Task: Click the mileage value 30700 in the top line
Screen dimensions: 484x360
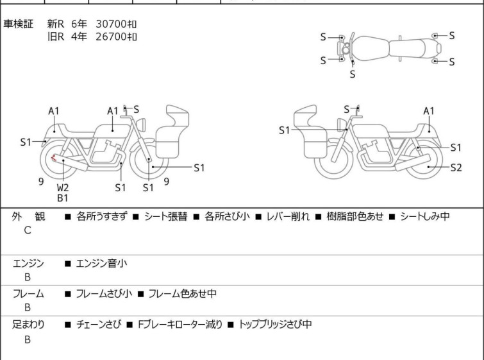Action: point(111,24)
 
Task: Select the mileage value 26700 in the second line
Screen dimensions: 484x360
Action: point(111,37)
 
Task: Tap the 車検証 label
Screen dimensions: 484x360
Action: point(18,24)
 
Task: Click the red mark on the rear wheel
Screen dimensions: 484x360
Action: point(54,158)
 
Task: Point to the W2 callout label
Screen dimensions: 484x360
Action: point(63,187)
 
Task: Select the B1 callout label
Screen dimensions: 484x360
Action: point(63,198)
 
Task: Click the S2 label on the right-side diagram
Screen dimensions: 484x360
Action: point(456,167)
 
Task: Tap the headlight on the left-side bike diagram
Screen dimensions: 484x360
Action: point(141,124)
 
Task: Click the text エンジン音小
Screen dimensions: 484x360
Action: point(101,264)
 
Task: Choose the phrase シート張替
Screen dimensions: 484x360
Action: point(166,216)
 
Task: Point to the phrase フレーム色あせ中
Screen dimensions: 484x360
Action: point(183,293)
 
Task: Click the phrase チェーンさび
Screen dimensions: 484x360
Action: point(99,325)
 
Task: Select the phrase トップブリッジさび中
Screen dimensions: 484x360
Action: point(276,325)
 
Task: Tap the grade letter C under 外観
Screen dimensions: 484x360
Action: point(28,230)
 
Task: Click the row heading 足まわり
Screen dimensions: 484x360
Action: point(28,325)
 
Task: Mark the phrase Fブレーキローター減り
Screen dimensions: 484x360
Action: point(180,325)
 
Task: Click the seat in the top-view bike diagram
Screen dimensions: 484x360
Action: point(408,49)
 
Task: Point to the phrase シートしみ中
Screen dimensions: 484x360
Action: point(425,216)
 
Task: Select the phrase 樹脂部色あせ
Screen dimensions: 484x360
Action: point(355,216)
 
